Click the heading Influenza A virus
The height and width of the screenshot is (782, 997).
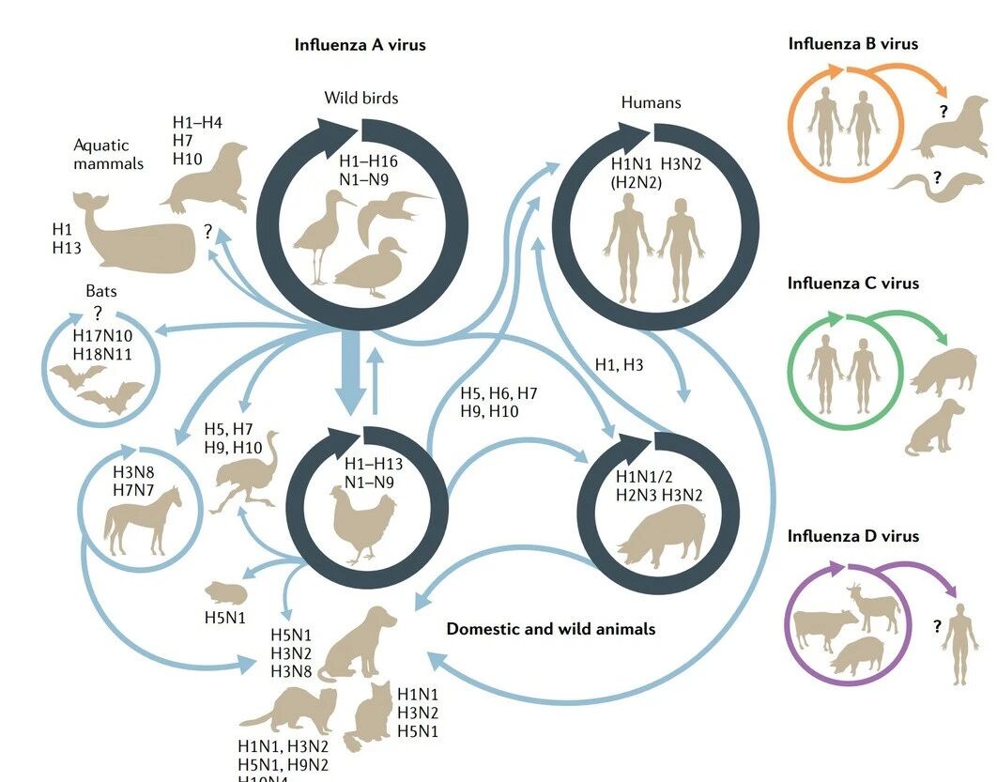360,44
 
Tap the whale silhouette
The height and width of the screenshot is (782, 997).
136,233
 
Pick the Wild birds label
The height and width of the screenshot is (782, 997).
361,98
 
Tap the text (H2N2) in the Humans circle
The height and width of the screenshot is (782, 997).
637,182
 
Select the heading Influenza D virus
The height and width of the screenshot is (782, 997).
853,536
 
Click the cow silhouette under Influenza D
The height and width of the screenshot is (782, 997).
824,628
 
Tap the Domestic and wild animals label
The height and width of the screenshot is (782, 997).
551,628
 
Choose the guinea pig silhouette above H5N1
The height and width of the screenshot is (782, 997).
227,592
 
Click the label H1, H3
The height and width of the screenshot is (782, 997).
619,364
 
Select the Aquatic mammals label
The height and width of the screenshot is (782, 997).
109,154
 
